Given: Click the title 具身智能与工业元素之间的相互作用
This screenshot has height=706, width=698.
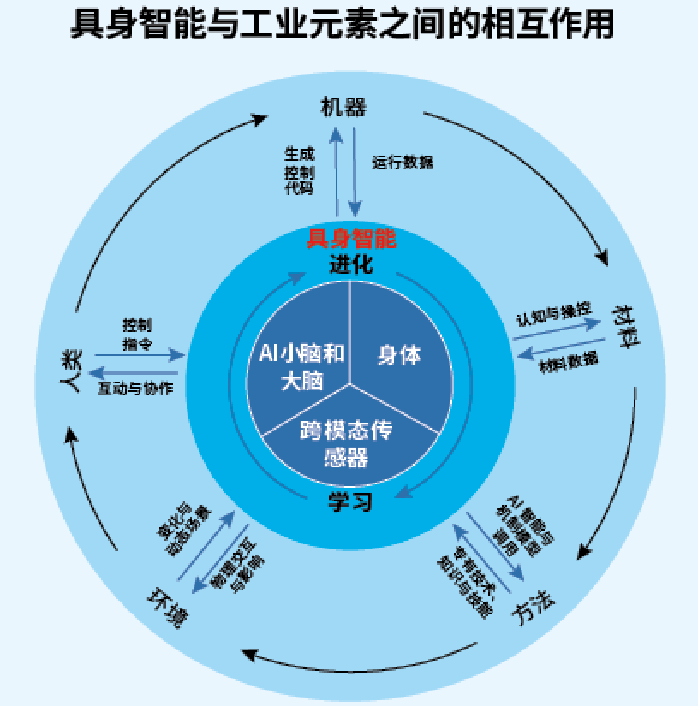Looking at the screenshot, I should pos(342,25).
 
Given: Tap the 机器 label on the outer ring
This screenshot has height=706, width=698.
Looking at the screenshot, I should pos(343,108).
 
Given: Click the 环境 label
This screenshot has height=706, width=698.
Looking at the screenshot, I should pos(166,608).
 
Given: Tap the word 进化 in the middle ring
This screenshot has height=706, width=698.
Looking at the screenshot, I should pos(351,264).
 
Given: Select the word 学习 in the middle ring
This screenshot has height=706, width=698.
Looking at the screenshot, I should pos(350,501).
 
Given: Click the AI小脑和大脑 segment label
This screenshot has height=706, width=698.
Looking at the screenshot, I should pos(301,366).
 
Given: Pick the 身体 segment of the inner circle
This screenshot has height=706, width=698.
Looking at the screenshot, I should pos(399,354).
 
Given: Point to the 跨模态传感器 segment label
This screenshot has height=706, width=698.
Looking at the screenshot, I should pos(346,444).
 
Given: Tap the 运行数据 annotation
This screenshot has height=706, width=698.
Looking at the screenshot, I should pos(403,162).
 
